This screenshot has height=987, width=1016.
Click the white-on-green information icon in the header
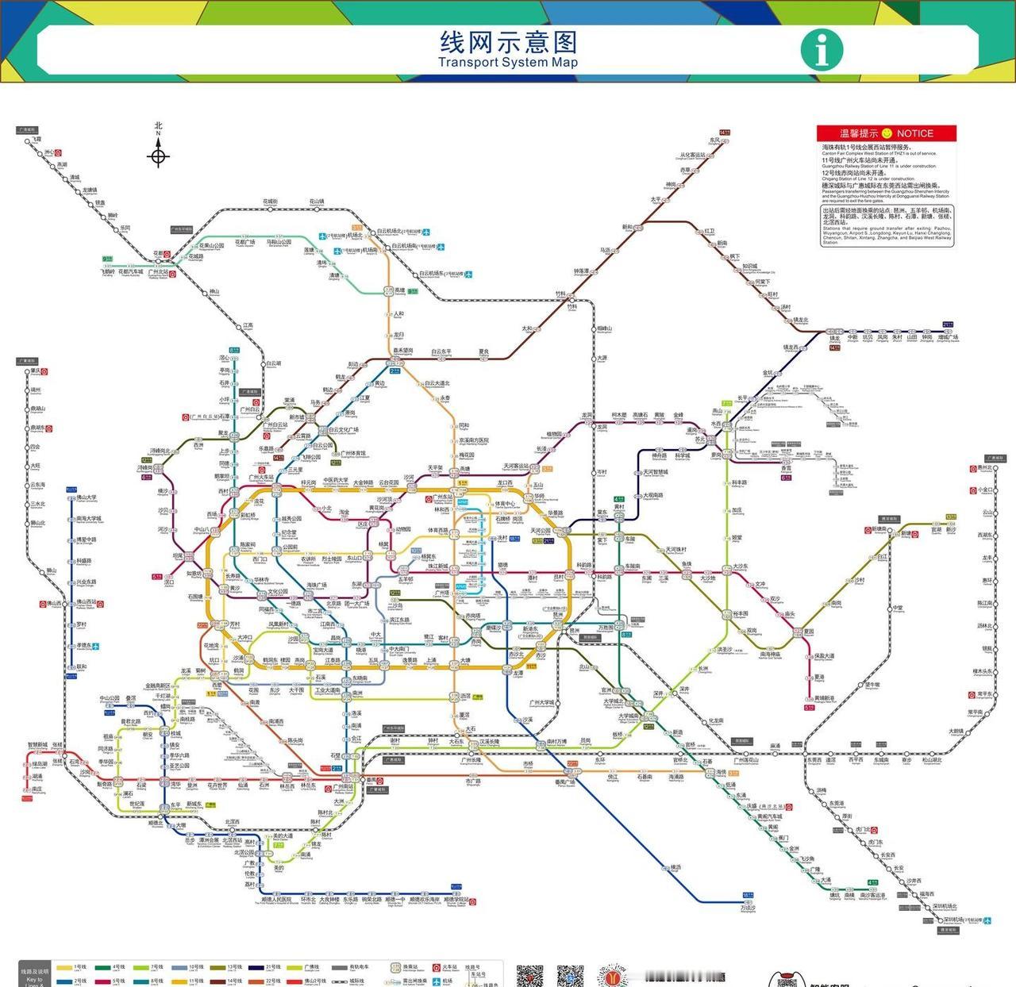(821, 48)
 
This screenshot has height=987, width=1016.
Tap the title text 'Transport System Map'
(508, 63)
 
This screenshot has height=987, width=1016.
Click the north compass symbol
(158, 156)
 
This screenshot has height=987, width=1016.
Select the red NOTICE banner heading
(886, 133)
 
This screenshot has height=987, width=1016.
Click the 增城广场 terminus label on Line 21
(948, 338)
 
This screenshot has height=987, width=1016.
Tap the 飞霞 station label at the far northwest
(37, 140)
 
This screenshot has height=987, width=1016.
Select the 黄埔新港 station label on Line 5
(825, 699)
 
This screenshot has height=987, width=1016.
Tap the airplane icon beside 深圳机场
(987, 921)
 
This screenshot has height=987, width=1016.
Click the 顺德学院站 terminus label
(456, 901)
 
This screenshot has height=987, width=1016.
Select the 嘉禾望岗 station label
(402, 350)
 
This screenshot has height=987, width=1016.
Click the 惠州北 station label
(984, 469)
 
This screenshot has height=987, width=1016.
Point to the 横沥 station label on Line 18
(675, 868)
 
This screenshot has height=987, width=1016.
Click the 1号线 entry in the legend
(79, 967)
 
